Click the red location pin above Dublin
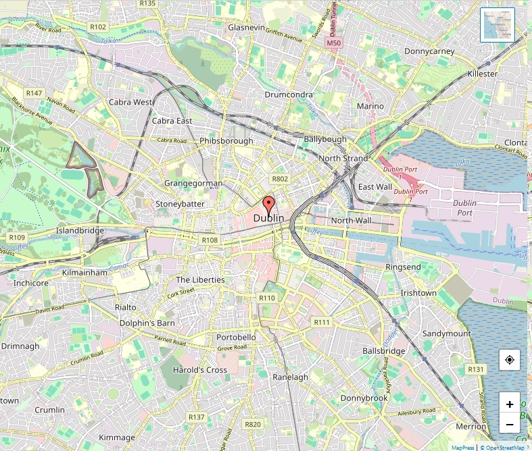(268, 205)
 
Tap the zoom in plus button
(509, 404)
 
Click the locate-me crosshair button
(509, 361)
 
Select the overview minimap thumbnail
(497, 25)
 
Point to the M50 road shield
(333, 43)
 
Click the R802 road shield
(279, 179)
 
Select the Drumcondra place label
(288, 95)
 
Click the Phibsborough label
(226, 141)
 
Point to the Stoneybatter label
(180, 203)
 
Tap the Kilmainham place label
(84, 273)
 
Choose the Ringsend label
(403, 267)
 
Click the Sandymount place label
(446, 334)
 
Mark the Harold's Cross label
(200, 370)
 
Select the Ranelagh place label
(290, 377)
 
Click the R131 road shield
(477, 369)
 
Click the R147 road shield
(33, 92)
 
